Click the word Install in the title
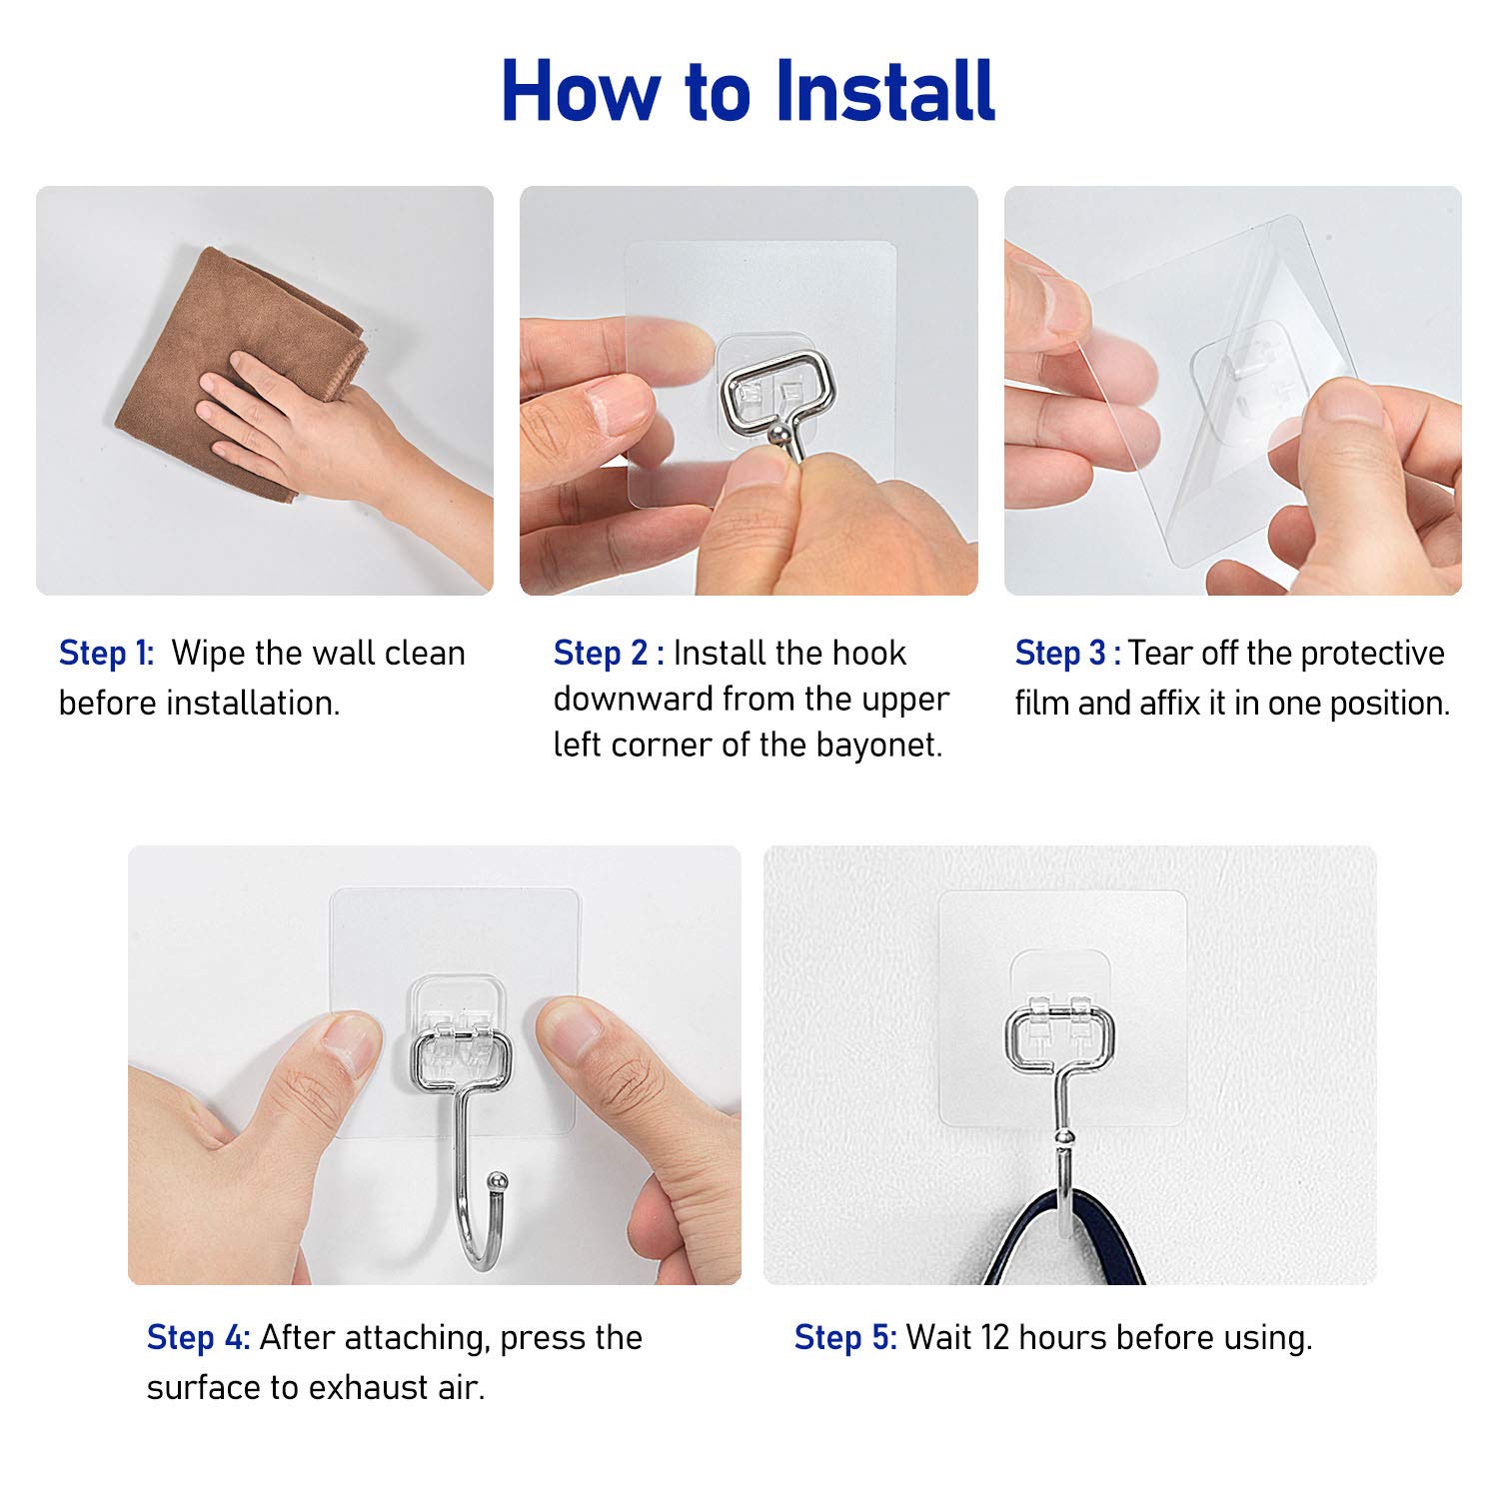[884, 92]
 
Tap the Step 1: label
[106, 654]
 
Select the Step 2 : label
[608, 654]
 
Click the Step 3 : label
[1067, 654]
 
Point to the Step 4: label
[198, 1337]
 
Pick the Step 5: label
[845, 1337]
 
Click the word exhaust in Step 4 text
[374, 1388]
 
